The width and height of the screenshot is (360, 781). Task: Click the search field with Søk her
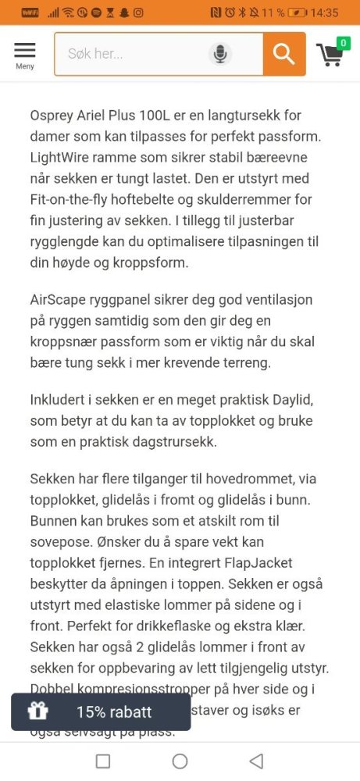(133, 54)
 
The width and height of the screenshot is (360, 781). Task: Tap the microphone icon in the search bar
(221, 54)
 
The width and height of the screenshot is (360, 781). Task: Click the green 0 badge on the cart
(343, 43)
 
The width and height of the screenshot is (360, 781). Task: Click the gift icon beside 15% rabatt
(37, 711)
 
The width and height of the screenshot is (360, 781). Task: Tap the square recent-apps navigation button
(102, 761)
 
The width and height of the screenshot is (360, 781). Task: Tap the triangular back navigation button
(255, 761)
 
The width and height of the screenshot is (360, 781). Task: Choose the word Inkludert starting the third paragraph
(61, 400)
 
